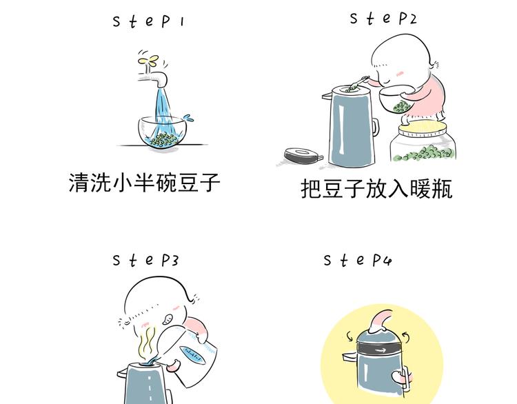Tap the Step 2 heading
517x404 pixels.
click(x=383, y=18)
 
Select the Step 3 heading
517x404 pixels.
click(x=145, y=260)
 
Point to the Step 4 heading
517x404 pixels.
click(x=358, y=260)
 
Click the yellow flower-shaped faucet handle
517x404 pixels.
click(x=148, y=61)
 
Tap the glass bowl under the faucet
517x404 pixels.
click(x=162, y=131)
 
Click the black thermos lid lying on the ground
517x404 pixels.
click(x=303, y=156)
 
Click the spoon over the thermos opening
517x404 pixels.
click(x=357, y=83)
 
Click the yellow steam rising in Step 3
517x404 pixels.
click(x=147, y=344)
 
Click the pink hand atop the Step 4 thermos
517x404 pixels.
click(x=380, y=321)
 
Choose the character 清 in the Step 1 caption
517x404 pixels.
click(x=79, y=183)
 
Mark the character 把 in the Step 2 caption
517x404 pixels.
click(x=311, y=189)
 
